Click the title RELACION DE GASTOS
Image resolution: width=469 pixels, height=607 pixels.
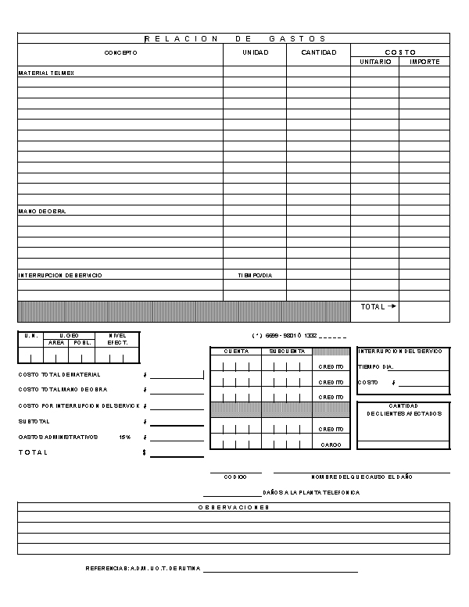click(234, 38)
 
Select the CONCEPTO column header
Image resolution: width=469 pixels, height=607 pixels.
click(120, 52)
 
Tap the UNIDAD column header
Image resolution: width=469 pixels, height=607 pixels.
click(255, 52)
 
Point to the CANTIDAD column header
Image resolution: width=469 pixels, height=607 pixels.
click(318, 52)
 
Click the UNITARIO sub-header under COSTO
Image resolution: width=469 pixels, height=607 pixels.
click(374, 62)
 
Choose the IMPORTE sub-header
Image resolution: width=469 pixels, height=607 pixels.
click(424, 62)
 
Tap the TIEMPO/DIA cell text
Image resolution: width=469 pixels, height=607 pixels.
click(255, 276)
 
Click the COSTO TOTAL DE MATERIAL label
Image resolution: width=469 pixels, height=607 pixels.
click(59, 374)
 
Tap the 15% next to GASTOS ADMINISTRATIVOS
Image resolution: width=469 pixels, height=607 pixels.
click(124, 437)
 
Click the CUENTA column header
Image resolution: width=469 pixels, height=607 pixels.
click(236, 352)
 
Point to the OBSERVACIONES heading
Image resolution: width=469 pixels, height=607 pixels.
click(234, 508)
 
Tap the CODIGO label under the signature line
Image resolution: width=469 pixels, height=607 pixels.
click(235, 477)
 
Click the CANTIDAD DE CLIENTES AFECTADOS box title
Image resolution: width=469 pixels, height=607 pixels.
click(404, 409)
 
